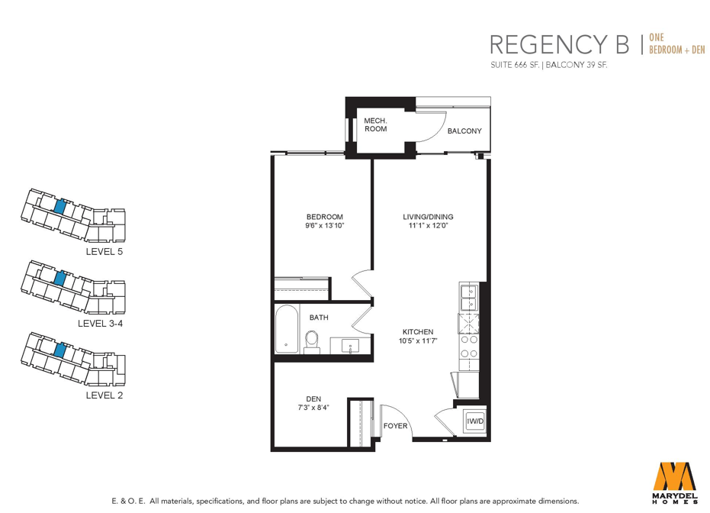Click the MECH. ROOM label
point(375,124)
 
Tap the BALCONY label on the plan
point(464,131)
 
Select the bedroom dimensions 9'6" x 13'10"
point(325,225)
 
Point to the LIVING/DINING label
point(428,217)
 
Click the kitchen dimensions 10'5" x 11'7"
point(418,340)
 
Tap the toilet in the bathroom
point(311,342)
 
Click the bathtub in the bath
point(287,328)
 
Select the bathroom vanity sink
point(351,346)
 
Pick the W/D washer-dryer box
point(475,421)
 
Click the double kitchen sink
point(469,297)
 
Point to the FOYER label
point(395,426)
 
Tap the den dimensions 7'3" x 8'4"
point(313,408)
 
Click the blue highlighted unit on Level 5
point(59,207)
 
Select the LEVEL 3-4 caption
point(100,323)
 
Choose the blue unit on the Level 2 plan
point(59,350)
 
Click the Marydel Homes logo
point(674,482)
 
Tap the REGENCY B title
point(560,44)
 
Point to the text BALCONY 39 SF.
point(577,65)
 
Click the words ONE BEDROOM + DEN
point(677,44)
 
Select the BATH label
point(319,318)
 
